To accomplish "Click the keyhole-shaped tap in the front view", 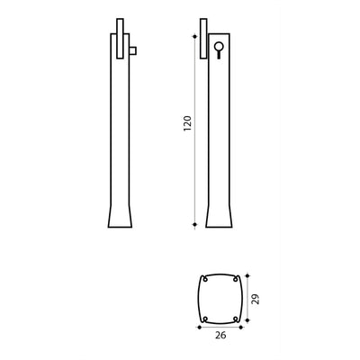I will click(218, 49).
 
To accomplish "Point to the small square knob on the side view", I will click(131, 50).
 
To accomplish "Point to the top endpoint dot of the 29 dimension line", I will click(247, 274).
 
